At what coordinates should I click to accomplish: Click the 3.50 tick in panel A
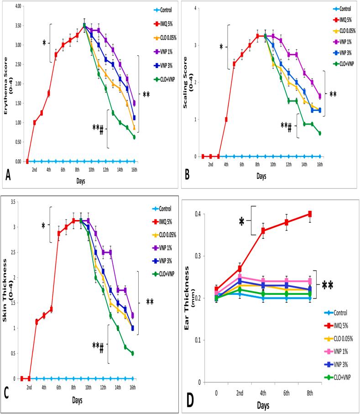tap(18, 26)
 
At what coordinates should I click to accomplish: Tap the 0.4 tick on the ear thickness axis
tap(198, 214)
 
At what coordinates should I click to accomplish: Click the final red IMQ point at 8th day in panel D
tap(310, 214)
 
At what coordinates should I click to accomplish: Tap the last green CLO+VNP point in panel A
tap(134, 137)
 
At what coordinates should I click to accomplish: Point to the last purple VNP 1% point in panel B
tap(319, 96)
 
